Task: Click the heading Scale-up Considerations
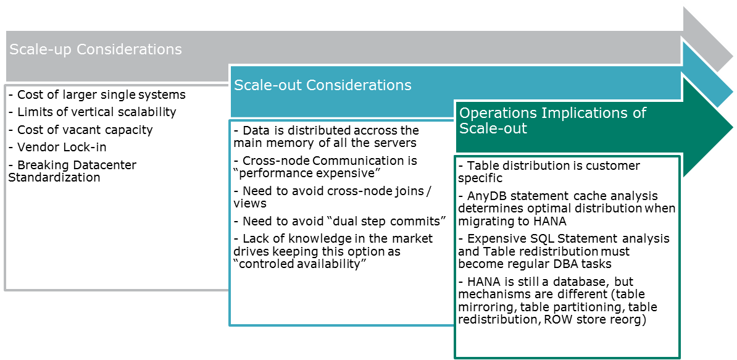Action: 96,49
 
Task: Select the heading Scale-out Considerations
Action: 322,85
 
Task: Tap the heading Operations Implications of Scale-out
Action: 552,120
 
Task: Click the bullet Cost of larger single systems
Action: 97,94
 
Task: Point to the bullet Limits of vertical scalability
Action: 93,112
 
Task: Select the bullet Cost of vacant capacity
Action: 80,130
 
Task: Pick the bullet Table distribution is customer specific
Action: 549,172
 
